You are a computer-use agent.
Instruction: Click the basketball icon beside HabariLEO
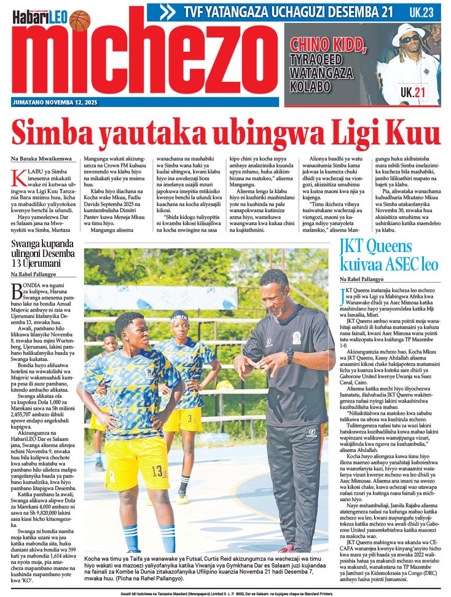click(80, 20)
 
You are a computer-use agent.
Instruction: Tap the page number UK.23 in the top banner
click(424, 12)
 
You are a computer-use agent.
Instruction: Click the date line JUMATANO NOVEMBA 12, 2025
click(55, 102)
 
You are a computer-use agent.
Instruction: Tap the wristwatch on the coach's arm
click(289, 355)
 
